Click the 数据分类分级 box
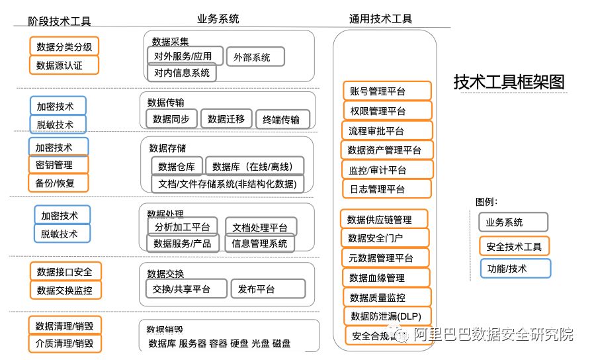tap(64, 46)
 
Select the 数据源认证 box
tap(64, 65)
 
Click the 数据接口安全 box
tap(64, 271)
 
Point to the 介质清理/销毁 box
tap(64, 343)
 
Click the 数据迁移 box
tap(226, 119)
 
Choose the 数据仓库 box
tap(177, 166)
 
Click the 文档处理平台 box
tap(261, 227)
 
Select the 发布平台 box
tap(268, 289)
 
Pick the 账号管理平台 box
tap(387, 91)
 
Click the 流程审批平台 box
tap(386, 130)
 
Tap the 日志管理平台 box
tap(386, 189)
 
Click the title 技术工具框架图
tap(509, 82)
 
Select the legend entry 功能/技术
tap(515, 268)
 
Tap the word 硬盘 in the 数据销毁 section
tap(239, 343)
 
